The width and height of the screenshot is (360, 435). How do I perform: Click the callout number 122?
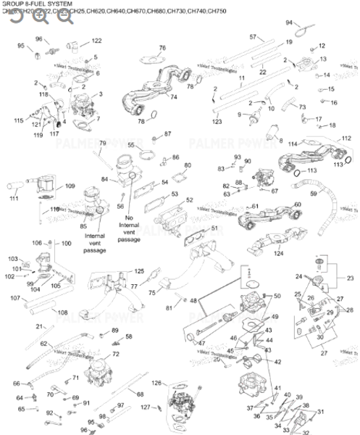[96, 41]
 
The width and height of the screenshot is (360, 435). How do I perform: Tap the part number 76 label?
[162, 48]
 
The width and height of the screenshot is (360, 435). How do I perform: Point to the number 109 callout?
[70, 186]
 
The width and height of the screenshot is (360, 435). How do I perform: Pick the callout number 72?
[115, 354]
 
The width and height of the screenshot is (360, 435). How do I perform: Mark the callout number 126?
[156, 383]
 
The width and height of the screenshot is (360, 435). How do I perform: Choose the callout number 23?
[351, 278]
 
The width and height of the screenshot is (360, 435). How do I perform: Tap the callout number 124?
[279, 253]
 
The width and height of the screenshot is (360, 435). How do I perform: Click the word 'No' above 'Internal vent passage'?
[129, 217]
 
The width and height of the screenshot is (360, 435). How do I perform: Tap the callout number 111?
[14, 198]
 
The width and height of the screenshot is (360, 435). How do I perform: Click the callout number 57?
[253, 36]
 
